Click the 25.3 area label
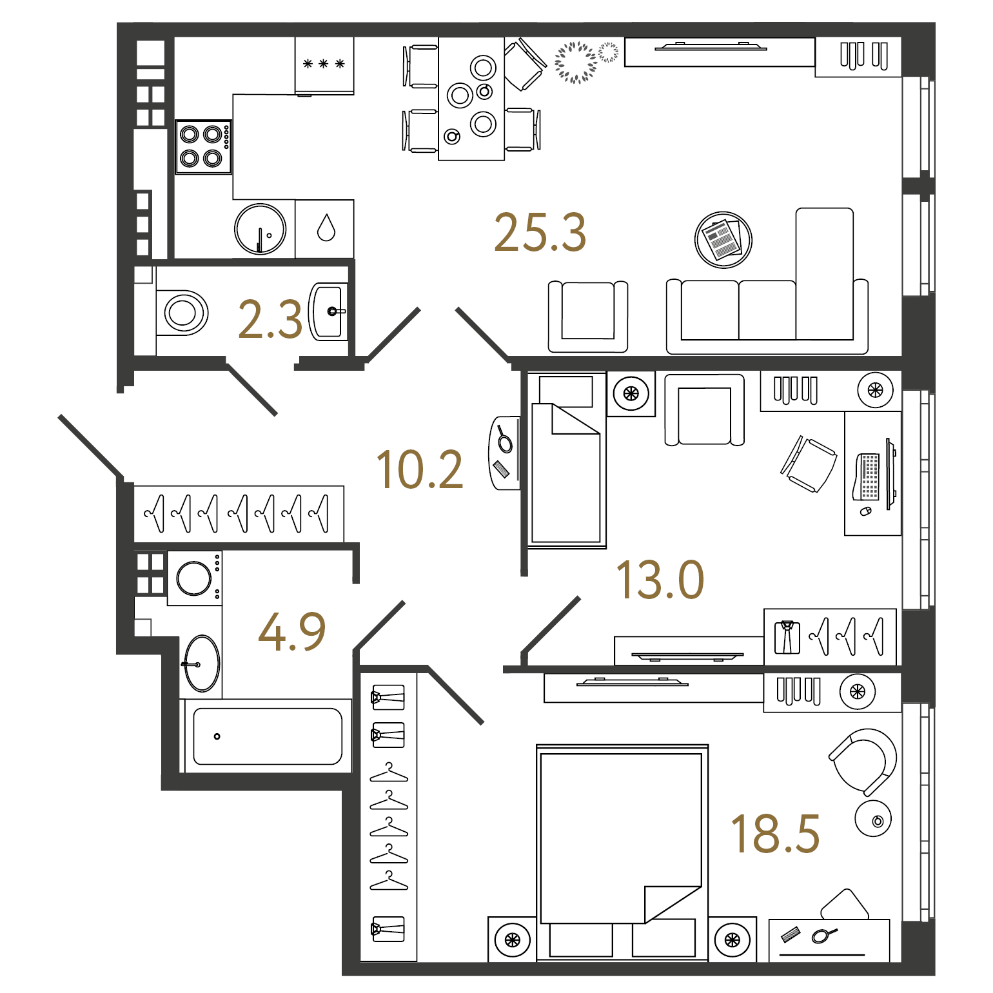pyautogui.click(x=540, y=232)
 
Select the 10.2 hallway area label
pyautogui.click(x=420, y=469)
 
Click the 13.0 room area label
pyautogui.click(x=660, y=580)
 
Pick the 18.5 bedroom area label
pyautogui.click(x=775, y=834)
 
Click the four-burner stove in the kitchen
pyautogui.click(x=204, y=146)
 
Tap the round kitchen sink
pyautogui.click(x=261, y=229)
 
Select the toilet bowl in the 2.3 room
pyautogui.click(x=182, y=313)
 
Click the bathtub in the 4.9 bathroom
pyautogui.click(x=268, y=736)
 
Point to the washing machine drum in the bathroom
pyautogui.click(x=194, y=578)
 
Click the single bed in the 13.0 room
pyautogui.click(x=567, y=460)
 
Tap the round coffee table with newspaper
pyautogui.click(x=723, y=240)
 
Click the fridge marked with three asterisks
pyautogui.click(x=324, y=65)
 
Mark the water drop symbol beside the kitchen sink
pyautogui.click(x=326, y=228)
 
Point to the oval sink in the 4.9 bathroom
pyautogui.click(x=202, y=664)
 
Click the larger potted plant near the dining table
pyautogui.click(x=576, y=63)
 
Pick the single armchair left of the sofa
pyautogui.click(x=588, y=316)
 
